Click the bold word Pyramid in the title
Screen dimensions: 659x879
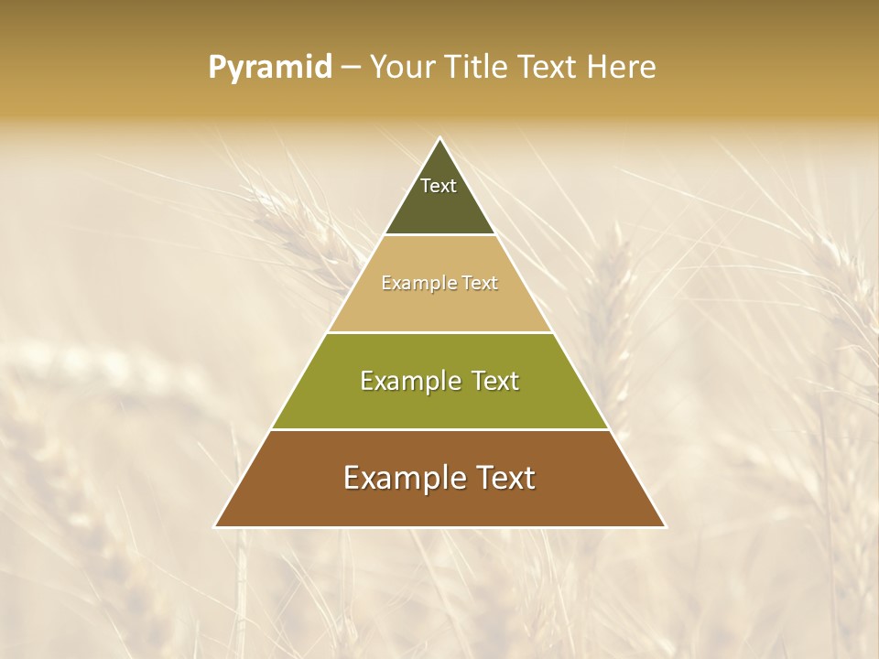(270, 68)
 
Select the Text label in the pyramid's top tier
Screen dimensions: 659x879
(439, 186)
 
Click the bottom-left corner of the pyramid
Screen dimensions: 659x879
(216, 526)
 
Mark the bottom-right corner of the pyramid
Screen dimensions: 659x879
(664, 526)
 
